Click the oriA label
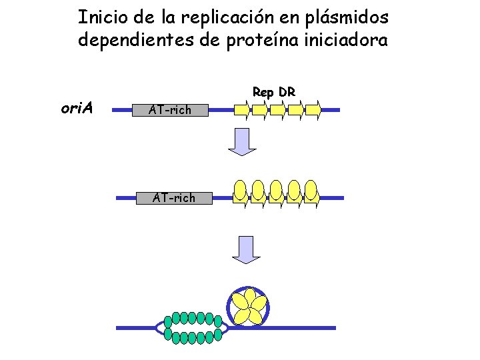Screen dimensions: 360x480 [x=77, y=108]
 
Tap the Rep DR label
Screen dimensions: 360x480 [x=273, y=92]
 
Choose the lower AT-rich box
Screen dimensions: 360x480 [x=173, y=197]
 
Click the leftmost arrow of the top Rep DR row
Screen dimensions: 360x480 [x=242, y=109]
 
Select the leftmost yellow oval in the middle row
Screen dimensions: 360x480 [x=241, y=190]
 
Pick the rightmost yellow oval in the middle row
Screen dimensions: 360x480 [x=311, y=190]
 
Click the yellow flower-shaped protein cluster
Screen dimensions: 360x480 [x=249, y=307]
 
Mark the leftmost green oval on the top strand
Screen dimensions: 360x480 [x=168, y=319]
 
